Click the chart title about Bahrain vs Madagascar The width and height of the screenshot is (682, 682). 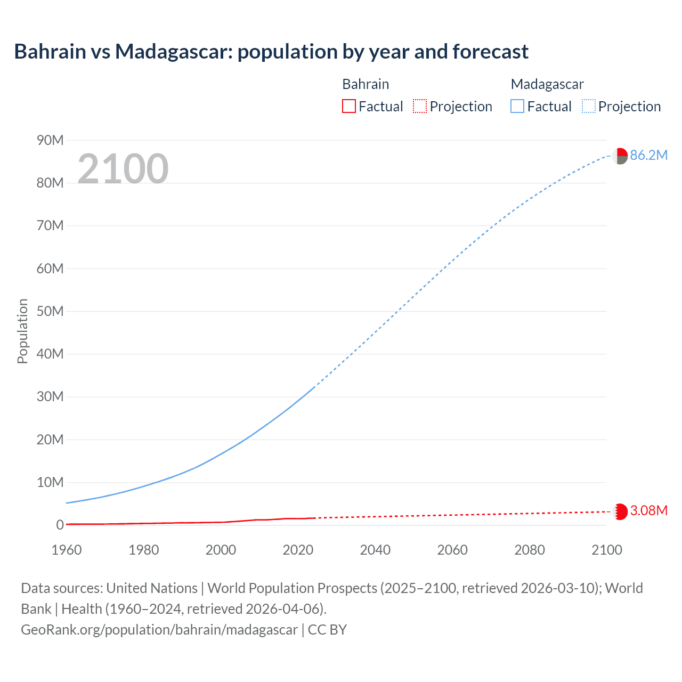pos(271,52)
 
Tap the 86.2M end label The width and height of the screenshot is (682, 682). pos(648,155)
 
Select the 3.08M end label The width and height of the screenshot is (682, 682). pos(648,510)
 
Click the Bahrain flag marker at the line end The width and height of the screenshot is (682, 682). pos(620,511)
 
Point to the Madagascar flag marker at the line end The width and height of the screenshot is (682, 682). pos(620,156)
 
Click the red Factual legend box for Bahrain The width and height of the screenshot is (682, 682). pos(349,107)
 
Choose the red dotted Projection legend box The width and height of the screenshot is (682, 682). pos(420,107)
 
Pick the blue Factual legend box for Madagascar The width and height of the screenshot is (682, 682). pos(517,107)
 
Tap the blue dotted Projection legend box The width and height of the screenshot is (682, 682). pos(589,107)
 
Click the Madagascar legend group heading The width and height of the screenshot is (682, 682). pos(547,84)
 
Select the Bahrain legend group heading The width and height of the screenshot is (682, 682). pos(366,84)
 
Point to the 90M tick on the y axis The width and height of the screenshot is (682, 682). pos(50,140)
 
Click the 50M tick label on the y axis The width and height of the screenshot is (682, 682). pos(50,311)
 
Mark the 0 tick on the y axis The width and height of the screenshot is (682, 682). pos(60,525)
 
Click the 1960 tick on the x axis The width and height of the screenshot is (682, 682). pos(67,550)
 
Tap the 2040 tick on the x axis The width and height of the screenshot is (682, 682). pos(375,550)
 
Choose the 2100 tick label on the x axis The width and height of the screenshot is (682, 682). pos(606,550)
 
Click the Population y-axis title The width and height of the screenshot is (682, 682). pos(22,331)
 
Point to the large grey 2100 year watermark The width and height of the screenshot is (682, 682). pos(123,169)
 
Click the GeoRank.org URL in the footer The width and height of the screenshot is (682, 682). pos(159,630)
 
